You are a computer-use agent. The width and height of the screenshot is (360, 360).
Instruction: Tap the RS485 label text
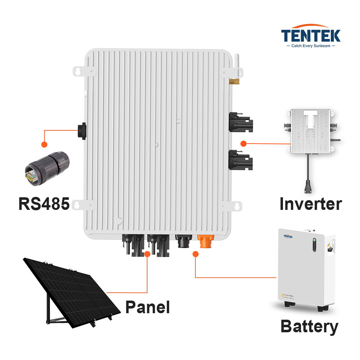point(44,204)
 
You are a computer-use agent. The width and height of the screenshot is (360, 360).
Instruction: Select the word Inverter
point(310,204)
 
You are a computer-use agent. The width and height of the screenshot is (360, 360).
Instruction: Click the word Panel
point(147,307)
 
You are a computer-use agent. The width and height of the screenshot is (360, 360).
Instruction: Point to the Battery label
point(309,327)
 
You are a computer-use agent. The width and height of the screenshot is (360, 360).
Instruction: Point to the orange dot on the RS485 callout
point(44,144)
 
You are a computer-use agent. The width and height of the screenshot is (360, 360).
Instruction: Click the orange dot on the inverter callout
point(243,144)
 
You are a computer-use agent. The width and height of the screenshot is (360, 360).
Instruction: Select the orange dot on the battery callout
point(195,254)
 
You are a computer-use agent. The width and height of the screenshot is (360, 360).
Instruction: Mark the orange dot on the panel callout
point(147,254)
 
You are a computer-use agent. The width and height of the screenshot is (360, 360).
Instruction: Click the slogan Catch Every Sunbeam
point(310,46)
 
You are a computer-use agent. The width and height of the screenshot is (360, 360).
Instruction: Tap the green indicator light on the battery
point(314,240)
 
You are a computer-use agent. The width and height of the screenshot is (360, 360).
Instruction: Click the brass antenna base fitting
point(234,81)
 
